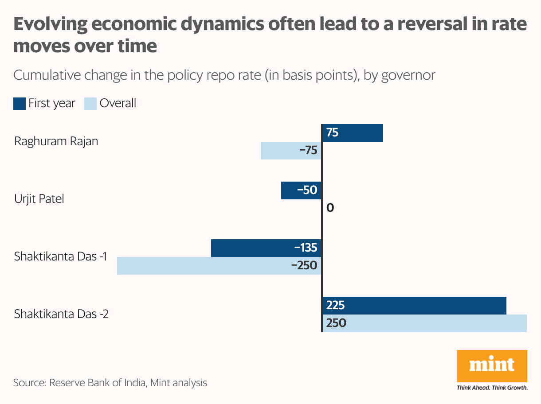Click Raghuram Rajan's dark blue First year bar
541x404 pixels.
(353, 133)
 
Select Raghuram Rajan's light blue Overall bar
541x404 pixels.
(290, 151)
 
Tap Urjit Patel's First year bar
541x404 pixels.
(301, 190)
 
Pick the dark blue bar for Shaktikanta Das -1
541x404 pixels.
(266, 248)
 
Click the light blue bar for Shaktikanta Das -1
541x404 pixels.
(219, 266)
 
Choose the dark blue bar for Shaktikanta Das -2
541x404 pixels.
(414, 306)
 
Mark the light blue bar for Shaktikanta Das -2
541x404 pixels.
(424, 323)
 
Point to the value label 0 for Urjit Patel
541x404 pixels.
(330, 208)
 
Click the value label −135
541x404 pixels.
(306, 248)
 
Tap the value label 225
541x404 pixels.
(335, 306)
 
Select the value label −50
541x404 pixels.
(307, 190)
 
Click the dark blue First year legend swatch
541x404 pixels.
(19, 104)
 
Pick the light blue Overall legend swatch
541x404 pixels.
(90, 104)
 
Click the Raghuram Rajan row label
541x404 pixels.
(56, 142)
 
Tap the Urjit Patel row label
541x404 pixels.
(39, 199)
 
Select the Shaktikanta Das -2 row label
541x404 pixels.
(61, 314)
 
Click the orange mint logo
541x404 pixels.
(492, 366)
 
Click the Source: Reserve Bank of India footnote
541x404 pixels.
(110, 383)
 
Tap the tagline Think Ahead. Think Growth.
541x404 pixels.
(492, 388)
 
